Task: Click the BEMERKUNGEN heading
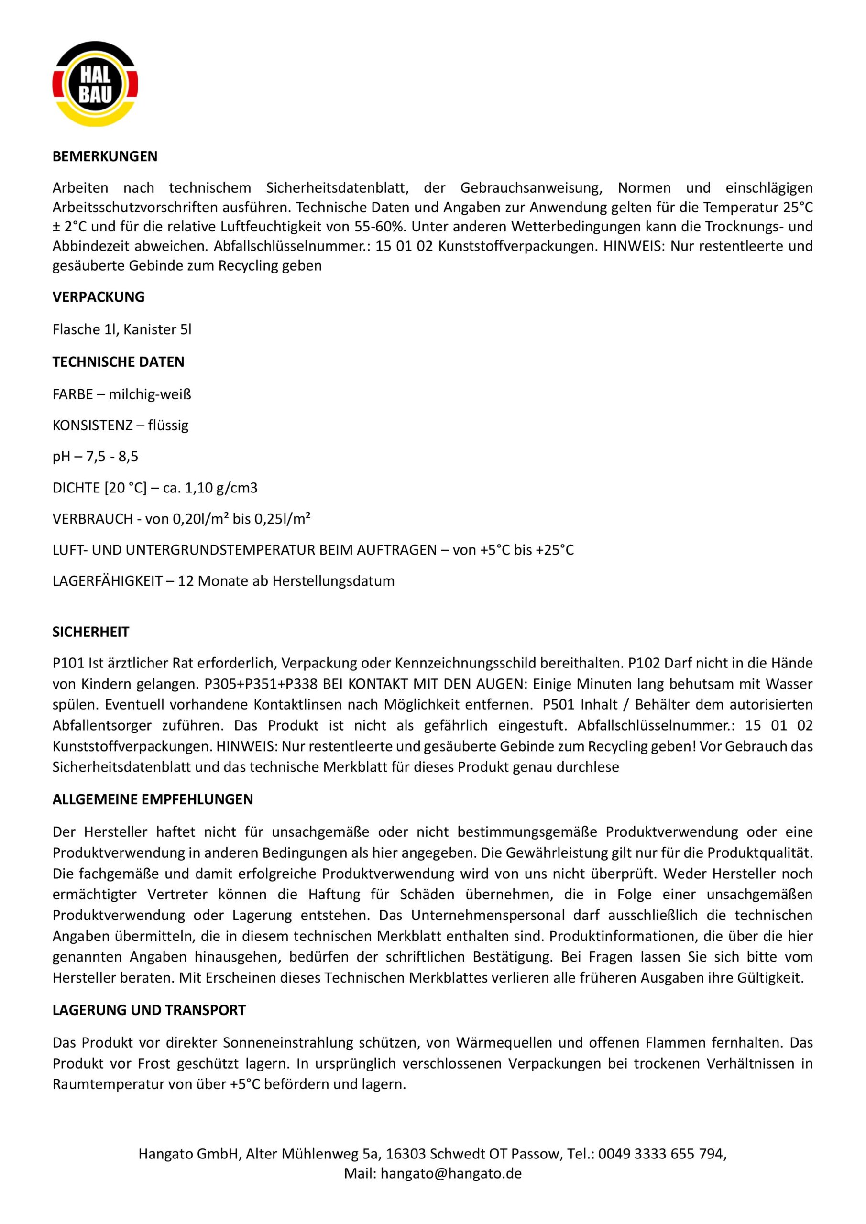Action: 105,157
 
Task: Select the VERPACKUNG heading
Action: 98,297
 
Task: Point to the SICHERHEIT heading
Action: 91,632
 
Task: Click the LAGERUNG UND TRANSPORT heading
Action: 149,1010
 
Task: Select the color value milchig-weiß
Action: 150,395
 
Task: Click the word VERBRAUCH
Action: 93,519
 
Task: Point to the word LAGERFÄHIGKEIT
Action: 107,581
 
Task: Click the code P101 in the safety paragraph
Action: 68,664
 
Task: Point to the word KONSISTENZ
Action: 92,426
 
